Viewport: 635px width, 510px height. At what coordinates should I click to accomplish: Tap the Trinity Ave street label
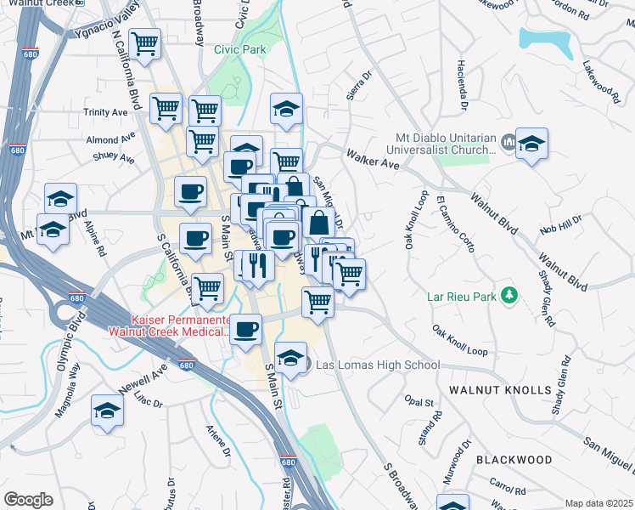104,112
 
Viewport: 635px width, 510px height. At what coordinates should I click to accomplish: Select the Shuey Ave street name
114,158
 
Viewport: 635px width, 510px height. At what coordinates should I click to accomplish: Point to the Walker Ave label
372,158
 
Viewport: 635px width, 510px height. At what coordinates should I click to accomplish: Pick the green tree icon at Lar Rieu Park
509,295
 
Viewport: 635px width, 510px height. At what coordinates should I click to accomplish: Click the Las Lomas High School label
378,365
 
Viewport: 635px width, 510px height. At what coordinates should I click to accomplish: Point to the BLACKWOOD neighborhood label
514,460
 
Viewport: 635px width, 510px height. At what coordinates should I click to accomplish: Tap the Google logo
28,500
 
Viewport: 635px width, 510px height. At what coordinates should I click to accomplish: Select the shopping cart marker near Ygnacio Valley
145,42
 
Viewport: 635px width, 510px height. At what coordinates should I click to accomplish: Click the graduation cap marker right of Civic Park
287,108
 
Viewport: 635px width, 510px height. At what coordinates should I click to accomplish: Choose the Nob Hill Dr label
562,224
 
